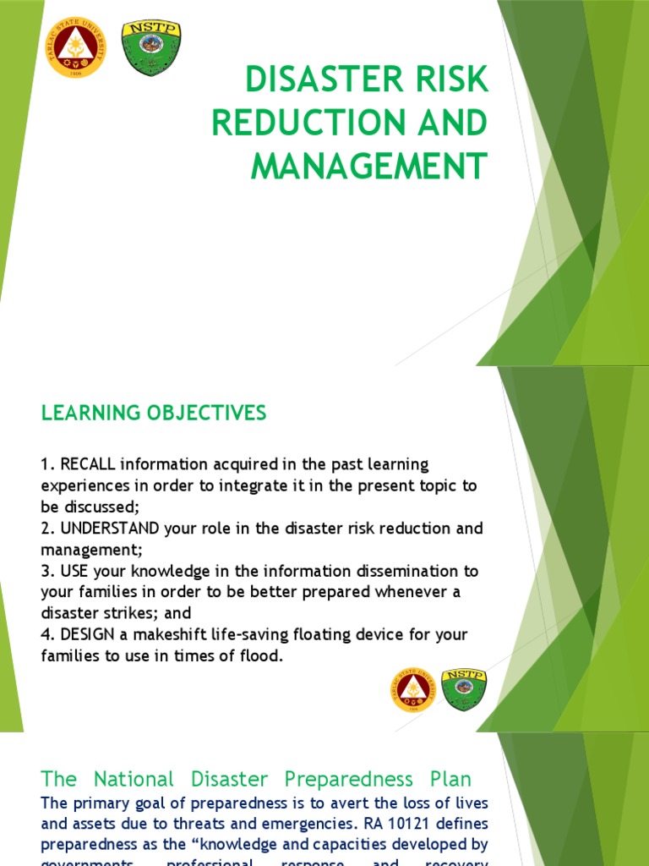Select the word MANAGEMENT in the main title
(369, 165)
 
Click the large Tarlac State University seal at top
(77, 47)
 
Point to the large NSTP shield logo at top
(151, 47)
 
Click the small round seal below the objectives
(412, 689)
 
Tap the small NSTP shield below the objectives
(464, 689)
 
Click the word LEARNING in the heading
(86, 413)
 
